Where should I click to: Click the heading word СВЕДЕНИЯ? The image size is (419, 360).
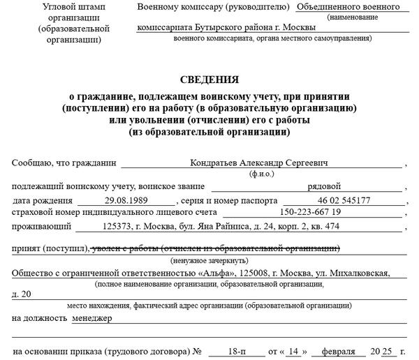pos(209,80)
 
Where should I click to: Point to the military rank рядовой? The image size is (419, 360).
pos(324,186)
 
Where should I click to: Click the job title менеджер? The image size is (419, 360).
pos(92,317)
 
